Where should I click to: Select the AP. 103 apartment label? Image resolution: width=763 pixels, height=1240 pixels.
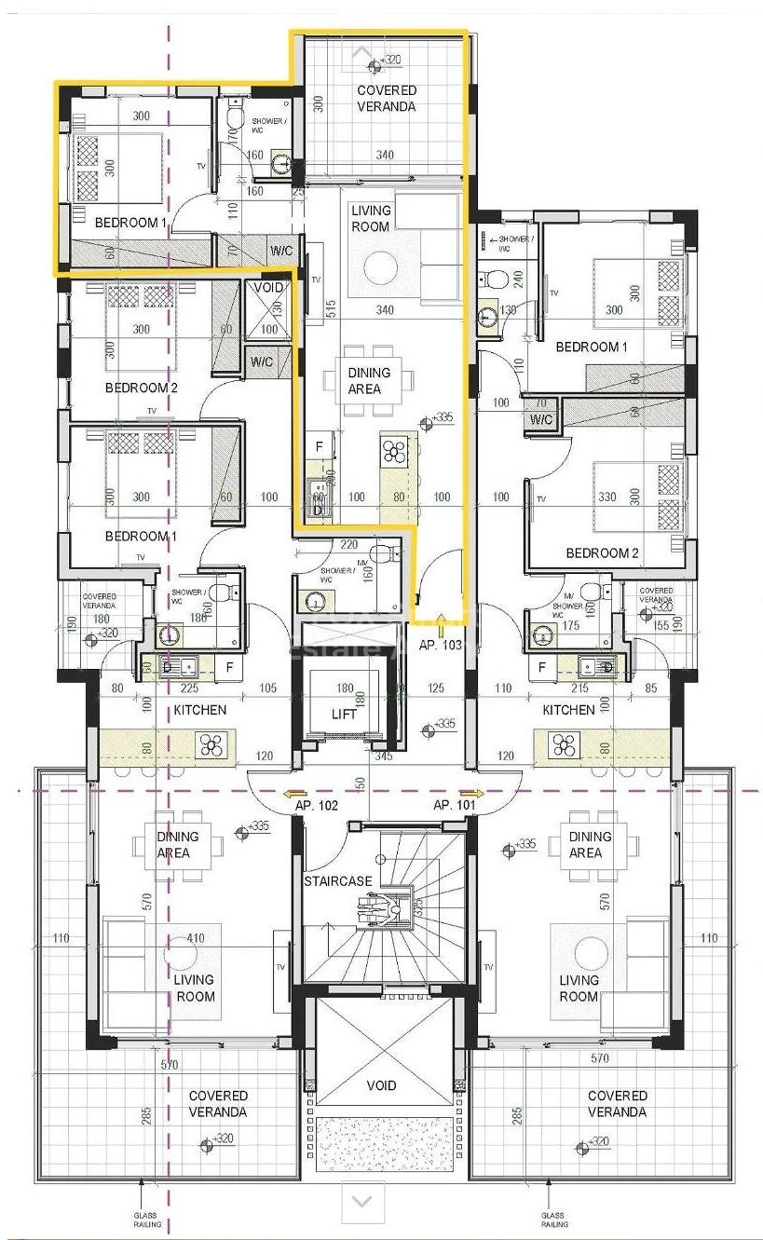click(x=442, y=645)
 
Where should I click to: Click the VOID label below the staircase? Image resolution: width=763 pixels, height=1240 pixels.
click(x=381, y=1085)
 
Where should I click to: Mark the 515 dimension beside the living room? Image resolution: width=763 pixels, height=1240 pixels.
click(x=333, y=309)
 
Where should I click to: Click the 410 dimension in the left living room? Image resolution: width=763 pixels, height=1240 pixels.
click(x=195, y=938)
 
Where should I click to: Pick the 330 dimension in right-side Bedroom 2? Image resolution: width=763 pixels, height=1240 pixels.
click(x=606, y=497)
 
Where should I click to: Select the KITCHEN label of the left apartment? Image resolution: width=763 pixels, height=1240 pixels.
click(x=199, y=710)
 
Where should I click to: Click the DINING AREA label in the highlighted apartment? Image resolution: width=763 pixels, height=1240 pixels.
click(x=369, y=380)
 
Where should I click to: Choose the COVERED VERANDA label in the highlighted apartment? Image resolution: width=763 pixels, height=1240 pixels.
click(x=387, y=98)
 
